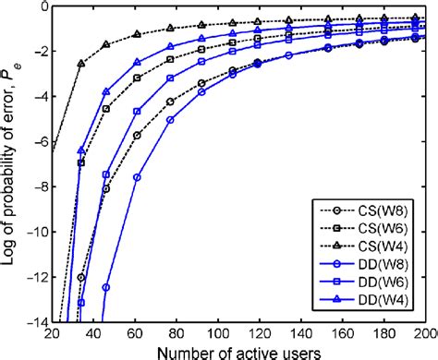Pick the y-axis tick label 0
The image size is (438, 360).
click(41, 7)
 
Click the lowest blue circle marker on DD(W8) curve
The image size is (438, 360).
click(106, 287)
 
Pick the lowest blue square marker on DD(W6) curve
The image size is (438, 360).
click(81, 302)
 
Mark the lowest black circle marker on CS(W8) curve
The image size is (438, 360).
click(81, 277)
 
